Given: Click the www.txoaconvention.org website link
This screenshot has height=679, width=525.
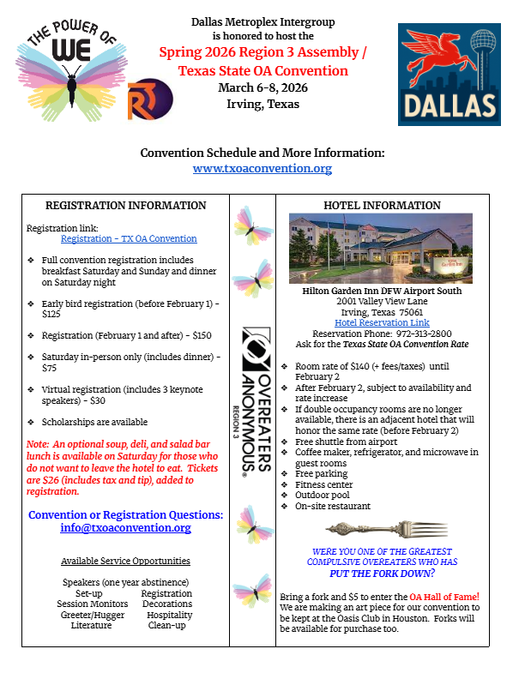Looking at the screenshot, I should [x=262, y=169].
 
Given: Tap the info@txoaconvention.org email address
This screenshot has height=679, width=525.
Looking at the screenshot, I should [x=125, y=528].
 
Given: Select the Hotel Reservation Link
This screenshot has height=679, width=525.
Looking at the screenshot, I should [x=382, y=322].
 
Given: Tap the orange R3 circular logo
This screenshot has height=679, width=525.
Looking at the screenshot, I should [x=150, y=99].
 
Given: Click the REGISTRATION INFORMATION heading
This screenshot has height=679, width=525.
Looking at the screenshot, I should [x=125, y=206].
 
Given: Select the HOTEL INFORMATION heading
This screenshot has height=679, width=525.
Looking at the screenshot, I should [x=382, y=206].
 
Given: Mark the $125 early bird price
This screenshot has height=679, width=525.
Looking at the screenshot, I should [x=52, y=314].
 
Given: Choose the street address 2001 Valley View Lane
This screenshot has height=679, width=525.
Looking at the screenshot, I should [x=382, y=301].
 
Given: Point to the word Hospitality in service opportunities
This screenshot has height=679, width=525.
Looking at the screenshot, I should [x=169, y=615].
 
